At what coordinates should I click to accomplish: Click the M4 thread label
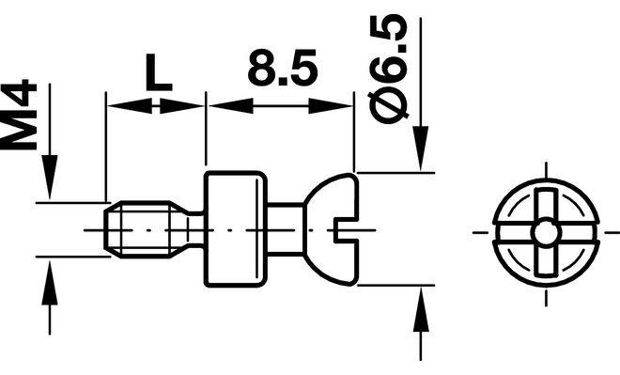19,115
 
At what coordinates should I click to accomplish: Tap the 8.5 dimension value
283,68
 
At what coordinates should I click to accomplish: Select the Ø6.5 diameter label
388,69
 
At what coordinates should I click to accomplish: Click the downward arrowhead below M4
50,177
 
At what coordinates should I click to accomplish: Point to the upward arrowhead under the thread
50,283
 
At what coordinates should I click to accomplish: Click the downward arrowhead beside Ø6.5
421,148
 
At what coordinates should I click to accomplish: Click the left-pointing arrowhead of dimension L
130,105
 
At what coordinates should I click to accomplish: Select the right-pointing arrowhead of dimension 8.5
330,105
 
